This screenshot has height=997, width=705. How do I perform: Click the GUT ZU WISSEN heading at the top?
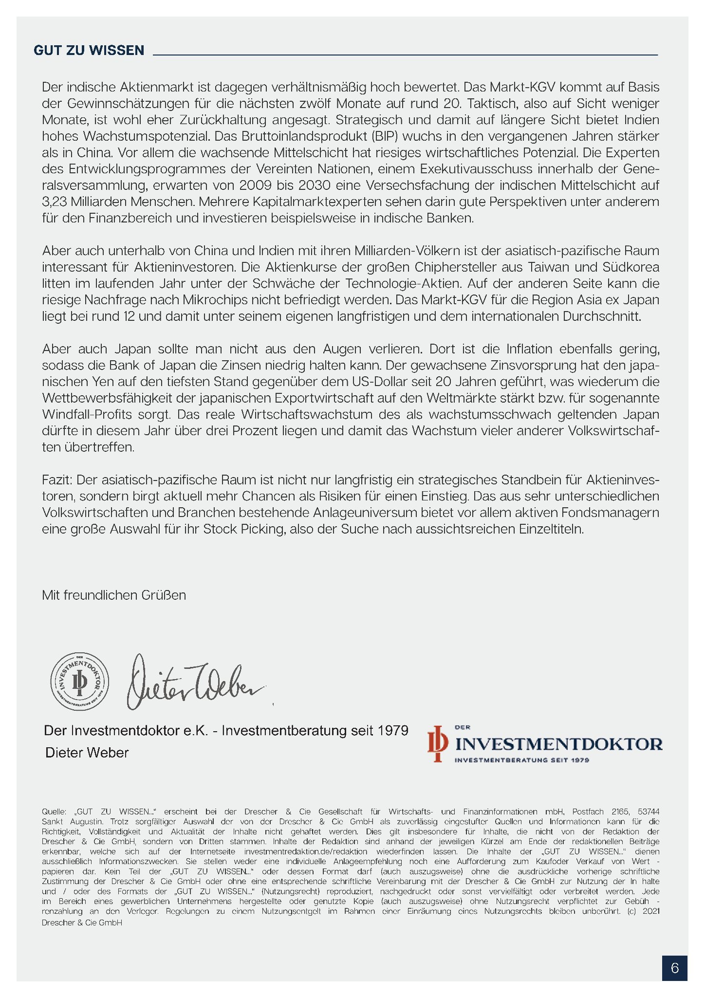(89, 50)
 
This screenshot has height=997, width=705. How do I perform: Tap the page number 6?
(674, 968)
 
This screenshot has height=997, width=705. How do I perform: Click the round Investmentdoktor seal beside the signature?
(80, 682)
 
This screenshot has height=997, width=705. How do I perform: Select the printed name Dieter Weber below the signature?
(87, 753)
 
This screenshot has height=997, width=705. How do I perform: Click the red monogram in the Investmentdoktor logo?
(437, 743)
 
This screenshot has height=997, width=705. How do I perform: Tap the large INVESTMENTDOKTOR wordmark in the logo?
(558, 744)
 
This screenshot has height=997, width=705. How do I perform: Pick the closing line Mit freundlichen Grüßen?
(114, 595)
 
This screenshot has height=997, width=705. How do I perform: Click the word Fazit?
(56, 480)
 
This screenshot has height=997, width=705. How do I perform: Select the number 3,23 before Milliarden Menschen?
(55, 202)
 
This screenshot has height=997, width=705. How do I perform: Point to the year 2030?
(315, 185)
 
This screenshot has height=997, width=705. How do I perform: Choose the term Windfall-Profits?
(87, 415)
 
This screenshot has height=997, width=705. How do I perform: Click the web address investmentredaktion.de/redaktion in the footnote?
(306, 851)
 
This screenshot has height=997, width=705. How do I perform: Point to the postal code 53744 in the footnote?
(649, 812)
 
